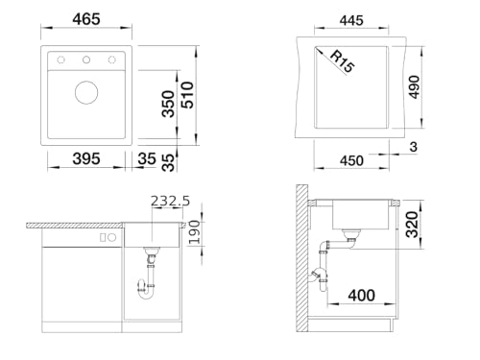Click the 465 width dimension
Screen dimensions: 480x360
click(86, 19)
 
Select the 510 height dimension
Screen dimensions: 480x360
click(187, 95)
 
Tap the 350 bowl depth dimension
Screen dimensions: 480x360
click(168, 104)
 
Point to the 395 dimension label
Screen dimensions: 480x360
click(86, 158)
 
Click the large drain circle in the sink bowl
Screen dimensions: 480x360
click(86, 92)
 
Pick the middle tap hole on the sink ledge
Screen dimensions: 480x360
click(86, 60)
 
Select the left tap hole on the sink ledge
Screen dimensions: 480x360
click(60, 60)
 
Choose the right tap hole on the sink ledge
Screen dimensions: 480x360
click(111, 60)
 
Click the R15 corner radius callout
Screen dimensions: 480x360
click(342, 61)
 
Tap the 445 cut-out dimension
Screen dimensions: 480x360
click(351, 20)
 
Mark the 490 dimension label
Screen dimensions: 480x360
click(414, 87)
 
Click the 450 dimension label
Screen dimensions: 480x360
click(351, 160)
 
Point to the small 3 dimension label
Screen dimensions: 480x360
click(414, 147)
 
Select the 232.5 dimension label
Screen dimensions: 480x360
click(170, 201)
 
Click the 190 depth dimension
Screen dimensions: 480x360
click(194, 232)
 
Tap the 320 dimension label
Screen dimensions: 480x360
click(412, 225)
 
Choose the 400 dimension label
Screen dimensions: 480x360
click(362, 295)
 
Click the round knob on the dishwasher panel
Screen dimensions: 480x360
click(111, 237)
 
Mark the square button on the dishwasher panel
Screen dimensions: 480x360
click(103, 237)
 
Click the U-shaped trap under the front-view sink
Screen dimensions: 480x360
click(146, 290)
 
